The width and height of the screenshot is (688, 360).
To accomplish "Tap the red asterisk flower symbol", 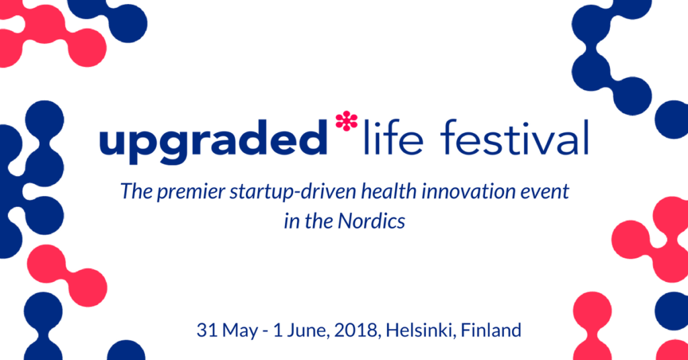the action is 346,121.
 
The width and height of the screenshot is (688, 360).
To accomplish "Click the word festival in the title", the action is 514,137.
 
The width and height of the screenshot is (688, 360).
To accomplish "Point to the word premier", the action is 191,192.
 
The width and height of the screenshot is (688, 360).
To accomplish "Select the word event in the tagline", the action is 548,192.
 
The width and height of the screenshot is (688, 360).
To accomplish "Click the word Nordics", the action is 371,222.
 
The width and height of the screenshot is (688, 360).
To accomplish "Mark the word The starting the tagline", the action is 136,191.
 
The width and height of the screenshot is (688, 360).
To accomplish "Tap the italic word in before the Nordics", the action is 291,222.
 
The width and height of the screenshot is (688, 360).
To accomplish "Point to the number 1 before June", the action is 277,330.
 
